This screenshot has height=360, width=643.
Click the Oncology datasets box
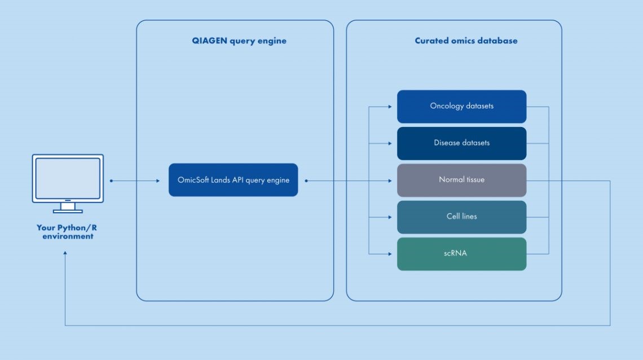[x=462, y=107]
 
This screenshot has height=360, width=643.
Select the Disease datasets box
[x=462, y=143]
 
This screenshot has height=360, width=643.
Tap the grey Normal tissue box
[x=462, y=181]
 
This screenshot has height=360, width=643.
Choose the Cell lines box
[x=462, y=217]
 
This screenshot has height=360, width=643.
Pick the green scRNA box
[x=462, y=254]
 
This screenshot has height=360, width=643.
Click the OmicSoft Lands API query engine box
[x=234, y=180]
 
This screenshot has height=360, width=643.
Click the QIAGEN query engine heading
[x=239, y=41]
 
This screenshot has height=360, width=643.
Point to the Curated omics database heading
[x=466, y=41]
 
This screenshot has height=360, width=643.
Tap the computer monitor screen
[x=68, y=178]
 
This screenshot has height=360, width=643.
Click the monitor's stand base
[x=68, y=211]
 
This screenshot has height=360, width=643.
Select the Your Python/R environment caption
[x=67, y=232]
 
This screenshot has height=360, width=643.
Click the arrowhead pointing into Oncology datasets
[x=390, y=107]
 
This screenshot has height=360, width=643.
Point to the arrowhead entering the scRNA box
[x=390, y=254]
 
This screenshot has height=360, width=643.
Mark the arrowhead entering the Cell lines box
[x=390, y=217]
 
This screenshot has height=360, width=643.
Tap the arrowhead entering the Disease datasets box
[x=390, y=143]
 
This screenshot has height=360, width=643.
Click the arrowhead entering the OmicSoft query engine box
[x=158, y=181]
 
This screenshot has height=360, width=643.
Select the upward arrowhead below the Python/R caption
[x=65, y=253]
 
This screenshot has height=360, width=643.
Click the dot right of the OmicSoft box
[x=306, y=181]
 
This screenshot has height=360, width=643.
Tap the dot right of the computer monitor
[x=111, y=181]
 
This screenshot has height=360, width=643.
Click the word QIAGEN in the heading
[x=209, y=41]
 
